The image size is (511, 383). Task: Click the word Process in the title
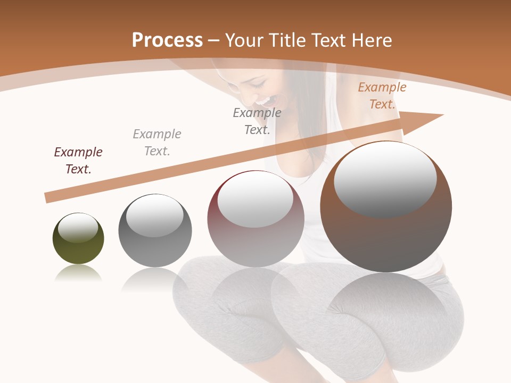(167, 40)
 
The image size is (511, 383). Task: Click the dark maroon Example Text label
(78, 161)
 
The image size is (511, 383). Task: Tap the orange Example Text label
(382, 96)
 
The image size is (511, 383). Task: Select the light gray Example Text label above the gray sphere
(157, 143)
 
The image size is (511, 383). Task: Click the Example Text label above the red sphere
(257, 121)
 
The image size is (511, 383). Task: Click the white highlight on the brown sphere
(385, 178)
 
